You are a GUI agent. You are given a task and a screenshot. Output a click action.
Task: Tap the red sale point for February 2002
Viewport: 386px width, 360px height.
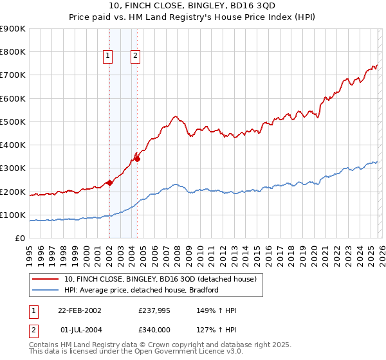pyautogui.click(x=110, y=183)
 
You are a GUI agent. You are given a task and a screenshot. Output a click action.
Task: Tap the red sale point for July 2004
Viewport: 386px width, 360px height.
pyautogui.click(x=137, y=159)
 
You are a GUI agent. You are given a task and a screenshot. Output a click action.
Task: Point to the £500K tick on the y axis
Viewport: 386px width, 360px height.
pyautogui.click(x=14, y=122)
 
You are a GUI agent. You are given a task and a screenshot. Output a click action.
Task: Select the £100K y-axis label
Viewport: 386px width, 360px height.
pyautogui.click(x=14, y=215)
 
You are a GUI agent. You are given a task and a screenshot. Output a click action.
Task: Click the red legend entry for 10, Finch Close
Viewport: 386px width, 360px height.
pyautogui.click(x=161, y=279)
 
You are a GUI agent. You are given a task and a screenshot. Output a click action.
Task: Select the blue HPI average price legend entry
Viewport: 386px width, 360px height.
pyautogui.click(x=142, y=290)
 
